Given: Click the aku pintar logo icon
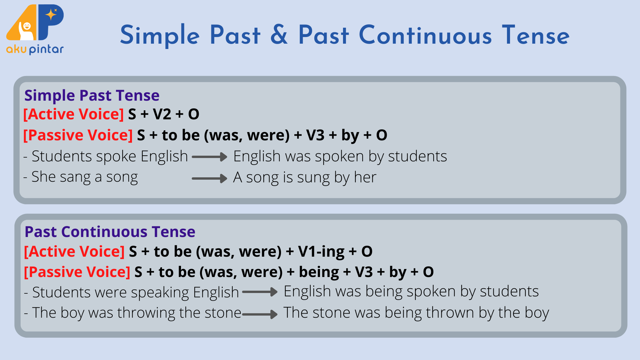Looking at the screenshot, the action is pos(35,22).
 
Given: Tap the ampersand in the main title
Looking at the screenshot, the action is pos(279,35).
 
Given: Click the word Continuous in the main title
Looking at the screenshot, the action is pos(425,35).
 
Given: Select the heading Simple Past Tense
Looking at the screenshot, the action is pos(92,95).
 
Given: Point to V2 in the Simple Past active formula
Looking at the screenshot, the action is pos(162,114).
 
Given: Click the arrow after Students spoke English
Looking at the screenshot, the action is pos(210,157).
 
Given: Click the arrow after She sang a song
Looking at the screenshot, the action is pos(210,178).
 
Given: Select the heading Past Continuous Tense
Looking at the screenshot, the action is pos(110,232).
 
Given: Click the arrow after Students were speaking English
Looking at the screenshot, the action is pos(260,292).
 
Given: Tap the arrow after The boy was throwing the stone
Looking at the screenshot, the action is pos(260,314).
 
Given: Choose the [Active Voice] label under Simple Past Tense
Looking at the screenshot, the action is pos(74,114).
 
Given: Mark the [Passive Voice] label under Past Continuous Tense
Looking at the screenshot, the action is pos(77,272).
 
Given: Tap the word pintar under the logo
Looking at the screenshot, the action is pos(46,49).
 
